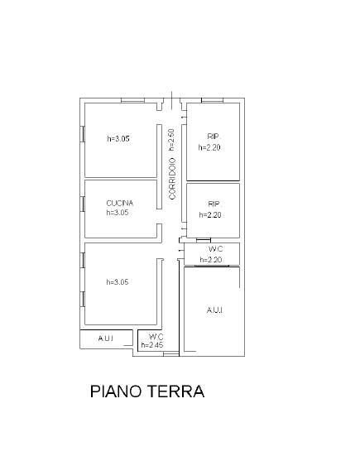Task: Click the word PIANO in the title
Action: (x=117, y=391)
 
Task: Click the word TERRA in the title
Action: (x=175, y=391)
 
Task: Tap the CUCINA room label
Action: (x=120, y=203)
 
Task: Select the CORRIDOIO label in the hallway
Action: (x=172, y=179)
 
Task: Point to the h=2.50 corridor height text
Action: (x=171, y=140)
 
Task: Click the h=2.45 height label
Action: (x=152, y=345)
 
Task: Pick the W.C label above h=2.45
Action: (x=156, y=337)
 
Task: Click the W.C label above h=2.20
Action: (x=216, y=249)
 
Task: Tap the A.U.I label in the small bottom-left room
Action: (x=106, y=339)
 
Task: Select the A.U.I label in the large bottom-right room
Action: (x=214, y=310)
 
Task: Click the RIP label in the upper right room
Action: (x=214, y=137)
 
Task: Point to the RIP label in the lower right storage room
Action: (x=214, y=204)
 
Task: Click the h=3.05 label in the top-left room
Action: (x=118, y=138)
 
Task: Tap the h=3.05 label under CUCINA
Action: (x=118, y=212)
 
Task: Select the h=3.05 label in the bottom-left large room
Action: (x=118, y=282)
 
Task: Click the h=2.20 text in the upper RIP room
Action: (x=209, y=147)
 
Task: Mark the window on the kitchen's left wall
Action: (x=83, y=204)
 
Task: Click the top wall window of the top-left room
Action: (x=133, y=100)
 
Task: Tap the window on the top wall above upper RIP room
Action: (x=212, y=100)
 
